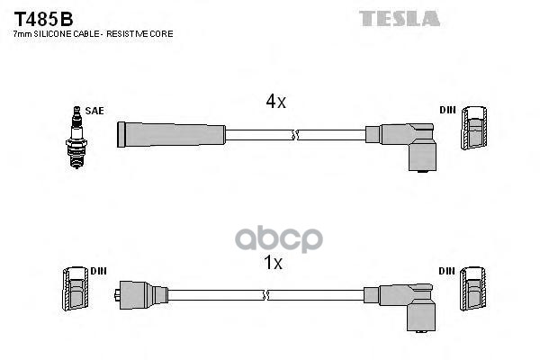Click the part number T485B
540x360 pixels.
42,18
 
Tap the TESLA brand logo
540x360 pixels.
400,18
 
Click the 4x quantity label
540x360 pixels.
275,103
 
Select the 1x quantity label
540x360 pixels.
273,264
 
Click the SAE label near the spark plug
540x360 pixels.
95,111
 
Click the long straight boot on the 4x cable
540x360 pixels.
171,135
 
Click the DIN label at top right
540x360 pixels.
447,111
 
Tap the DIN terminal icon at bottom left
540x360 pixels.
73,291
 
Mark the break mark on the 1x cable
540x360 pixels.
265,294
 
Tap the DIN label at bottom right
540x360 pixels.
447,270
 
